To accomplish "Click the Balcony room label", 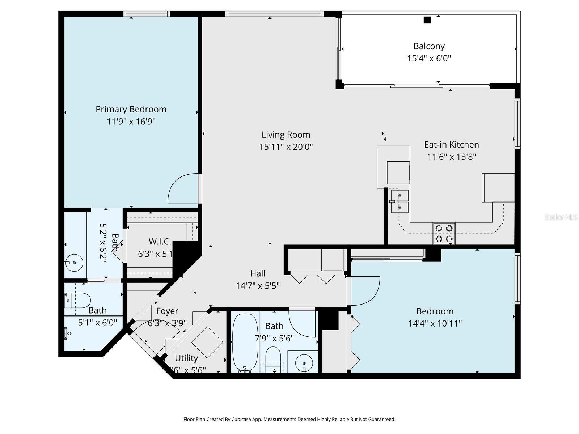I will [x=429, y=46].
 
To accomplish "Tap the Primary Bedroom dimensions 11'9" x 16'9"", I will [x=131, y=122].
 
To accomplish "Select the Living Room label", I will [x=286, y=135].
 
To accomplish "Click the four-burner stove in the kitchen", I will [x=444, y=233].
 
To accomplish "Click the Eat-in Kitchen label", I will [x=451, y=145].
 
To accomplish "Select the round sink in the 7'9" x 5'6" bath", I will [x=304, y=361].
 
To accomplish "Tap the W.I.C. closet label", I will [x=160, y=242].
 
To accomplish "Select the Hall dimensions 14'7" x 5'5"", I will [x=258, y=286].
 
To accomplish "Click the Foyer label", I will [x=167, y=311].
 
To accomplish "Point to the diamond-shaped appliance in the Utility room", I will [x=207, y=342].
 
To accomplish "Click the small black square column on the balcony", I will [x=427, y=20].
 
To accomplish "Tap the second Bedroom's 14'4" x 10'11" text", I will [x=435, y=323].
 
